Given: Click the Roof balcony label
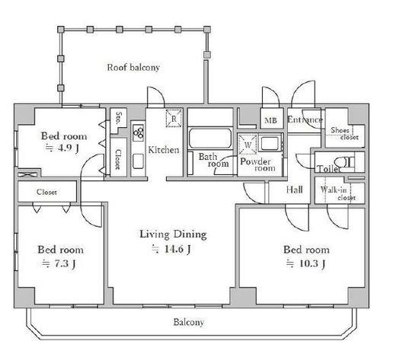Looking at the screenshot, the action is [x=133, y=68].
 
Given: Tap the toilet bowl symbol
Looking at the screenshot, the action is [x=344, y=162].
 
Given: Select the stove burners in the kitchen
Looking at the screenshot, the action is [x=139, y=132].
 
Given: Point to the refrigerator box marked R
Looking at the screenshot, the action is [x=174, y=118].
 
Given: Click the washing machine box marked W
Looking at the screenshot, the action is [x=247, y=145].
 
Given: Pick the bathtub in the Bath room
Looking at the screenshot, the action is [x=210, y=139].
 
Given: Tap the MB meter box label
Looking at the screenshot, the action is [x=270, y=120].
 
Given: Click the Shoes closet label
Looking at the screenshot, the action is [x=344, y=134].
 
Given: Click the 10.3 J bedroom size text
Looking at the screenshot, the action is [x=305, y=263].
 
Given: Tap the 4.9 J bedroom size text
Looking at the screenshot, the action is [x=62, y=148].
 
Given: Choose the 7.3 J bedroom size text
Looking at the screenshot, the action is [x=59, y=264].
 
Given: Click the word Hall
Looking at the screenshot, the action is [x=295, y=190].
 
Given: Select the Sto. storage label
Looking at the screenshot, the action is [x=118, y=118].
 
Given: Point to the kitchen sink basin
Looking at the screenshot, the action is [x=139, y=161].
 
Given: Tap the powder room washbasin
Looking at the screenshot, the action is [x=270, y=143].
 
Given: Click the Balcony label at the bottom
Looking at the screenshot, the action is [x=189, y=322].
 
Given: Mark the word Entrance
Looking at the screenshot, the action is [x=305, y=119].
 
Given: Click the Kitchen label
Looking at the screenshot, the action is [x=164, y=150].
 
